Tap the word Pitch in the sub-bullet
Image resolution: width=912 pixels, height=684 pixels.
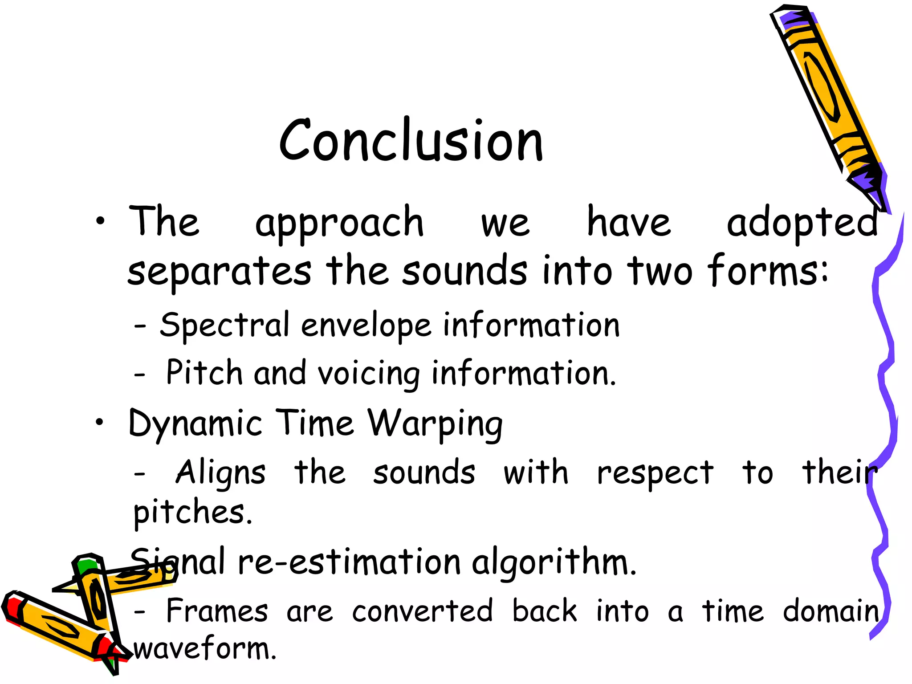click(x=204, y=373)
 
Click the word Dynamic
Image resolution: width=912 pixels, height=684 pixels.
click(x=195, y=424)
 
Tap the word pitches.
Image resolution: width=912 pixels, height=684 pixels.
click(x=192, y=513)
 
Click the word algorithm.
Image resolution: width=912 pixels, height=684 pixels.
click(x=554, y=563)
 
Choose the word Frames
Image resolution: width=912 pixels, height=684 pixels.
click(x=217, y=611)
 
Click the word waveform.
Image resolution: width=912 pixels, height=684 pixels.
click(x=205, y=649)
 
